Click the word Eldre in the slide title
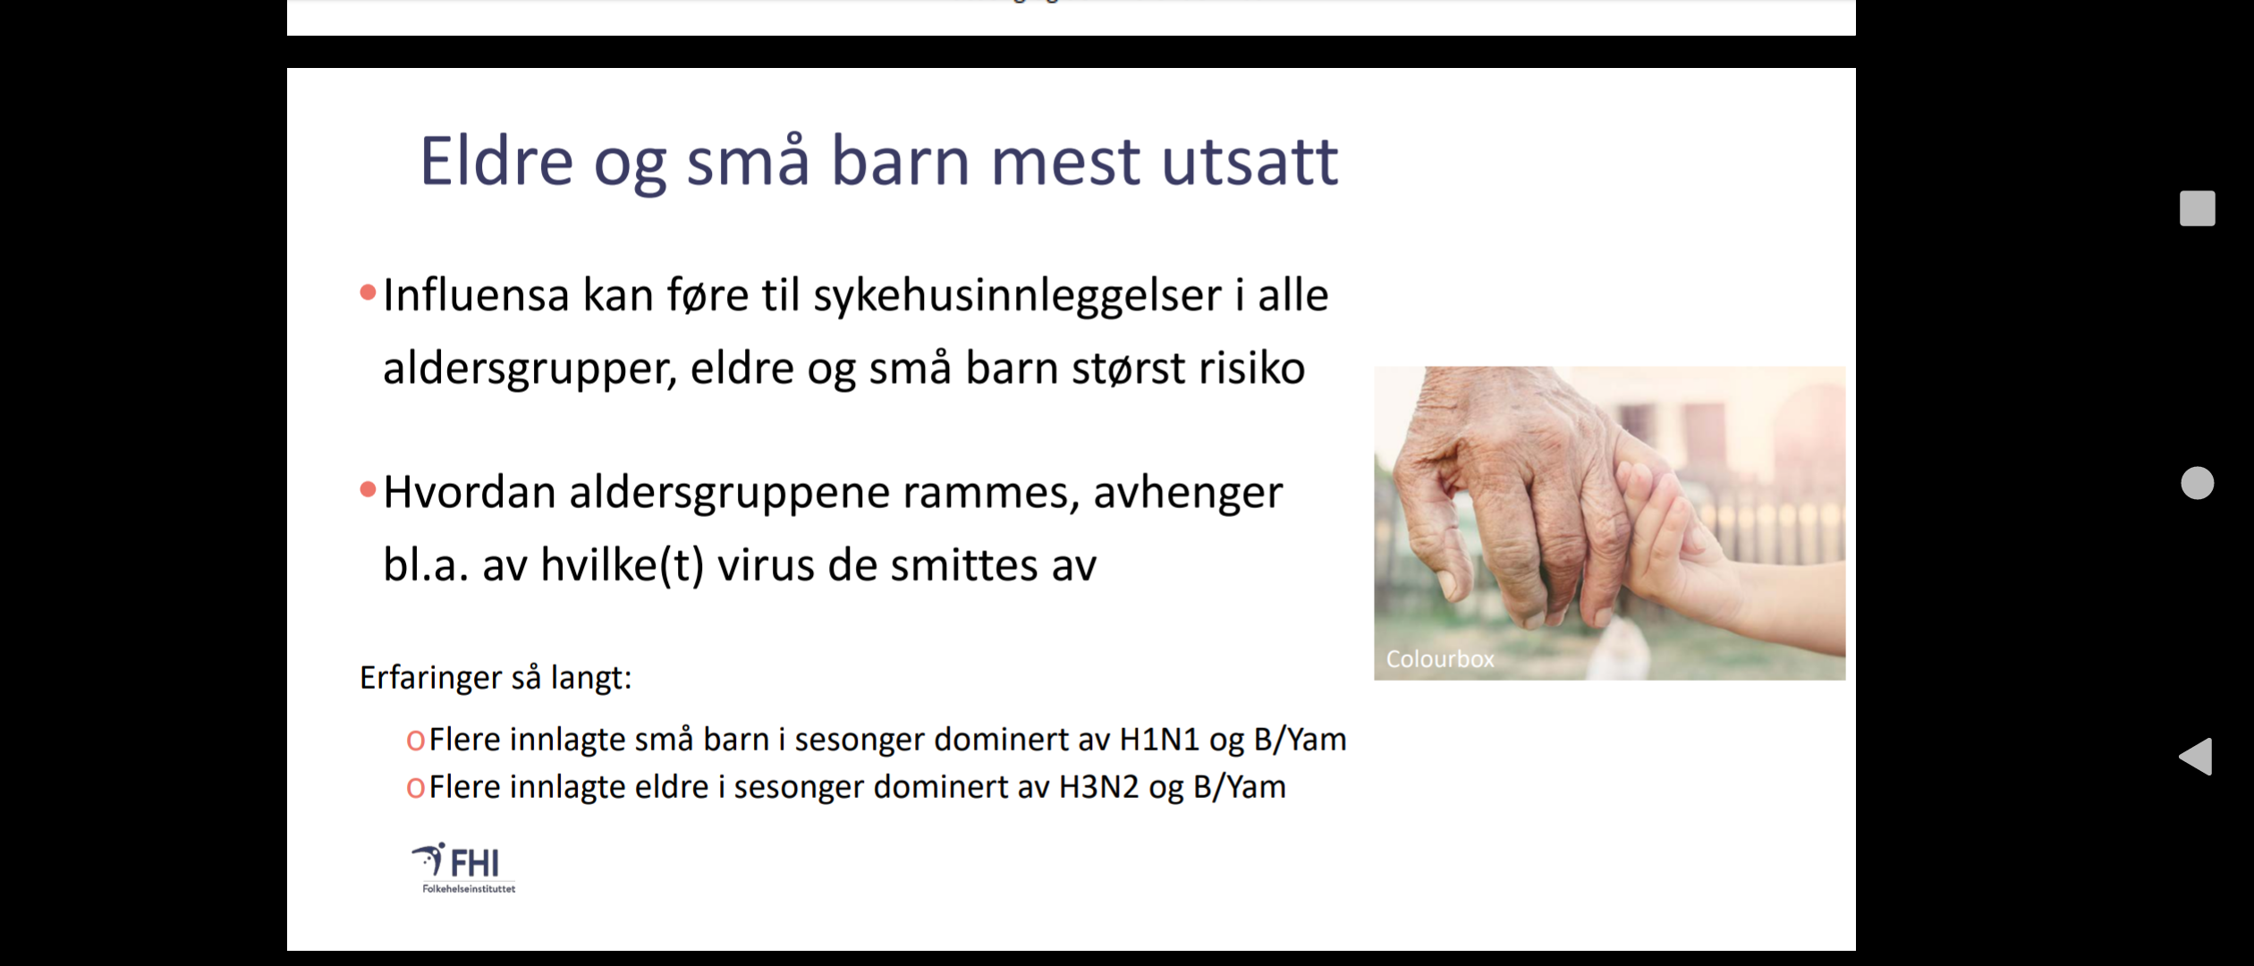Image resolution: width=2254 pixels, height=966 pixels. [x=496, y=161]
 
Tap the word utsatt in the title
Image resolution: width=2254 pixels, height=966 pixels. [x=1250, y=163]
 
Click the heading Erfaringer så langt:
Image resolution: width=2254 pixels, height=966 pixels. [x=496, y=677]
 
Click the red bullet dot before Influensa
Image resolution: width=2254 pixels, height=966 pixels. [x=368, y=292]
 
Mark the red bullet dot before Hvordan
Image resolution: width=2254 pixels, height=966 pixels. [x=368, y=489]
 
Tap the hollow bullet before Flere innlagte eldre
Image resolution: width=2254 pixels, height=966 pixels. [x=415, y=788]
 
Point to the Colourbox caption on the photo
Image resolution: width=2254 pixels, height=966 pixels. [x=1440, y=659]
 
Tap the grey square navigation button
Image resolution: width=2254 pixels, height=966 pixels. [x=2197, y=208]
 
